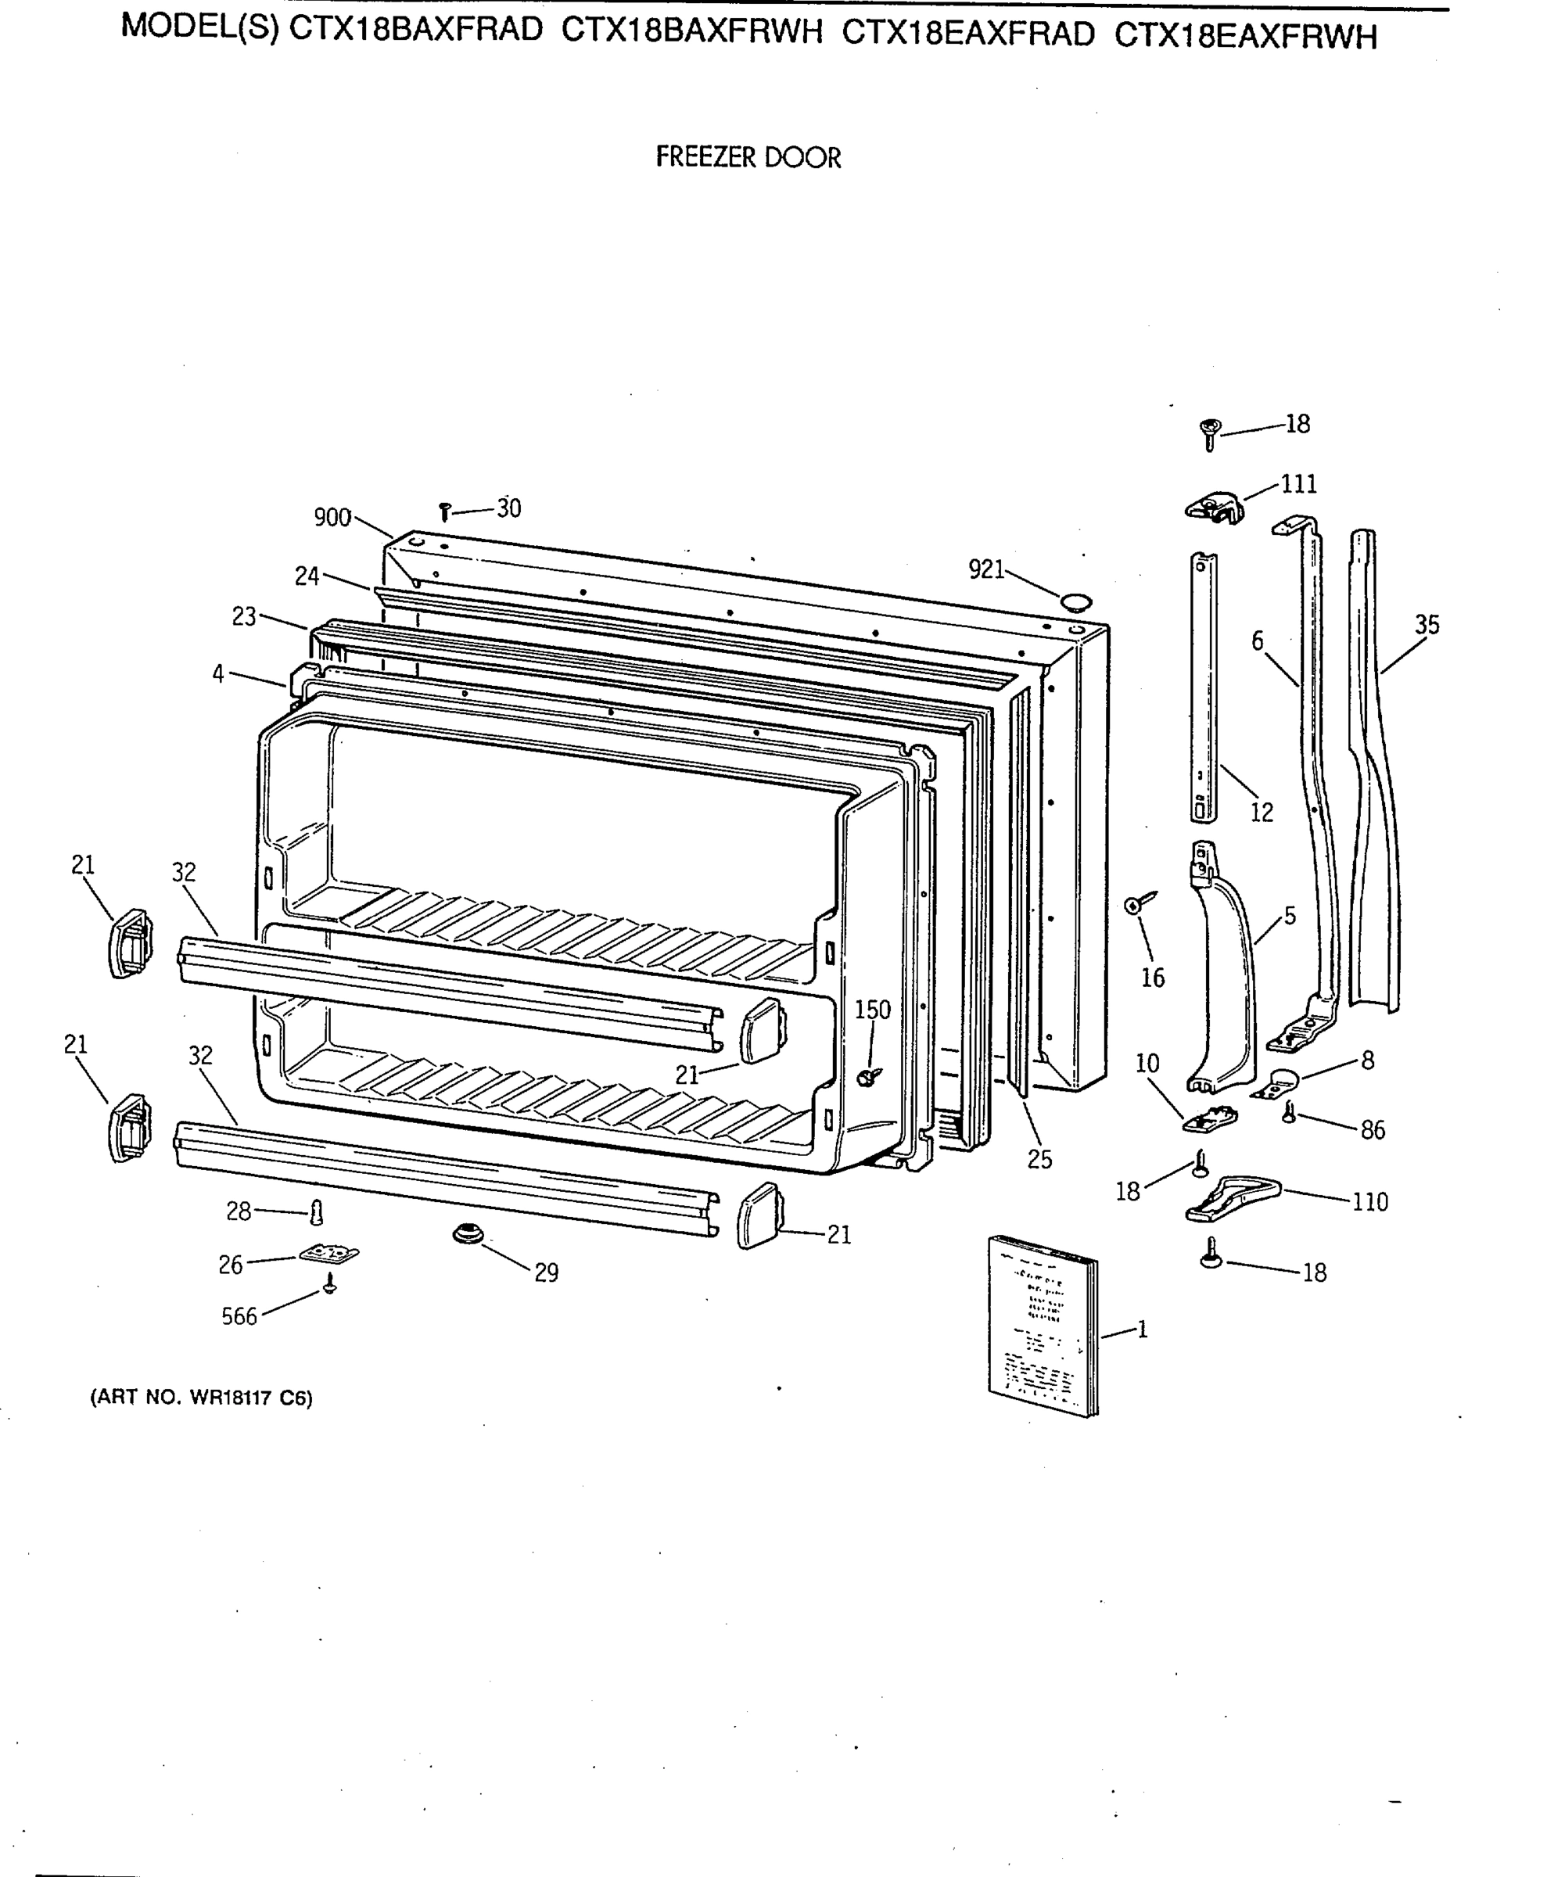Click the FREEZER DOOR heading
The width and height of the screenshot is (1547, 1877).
click(x=748, y=158)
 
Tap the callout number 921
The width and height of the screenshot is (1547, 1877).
click(x=986, y=569)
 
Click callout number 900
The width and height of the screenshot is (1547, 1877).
click(x=332, y=518)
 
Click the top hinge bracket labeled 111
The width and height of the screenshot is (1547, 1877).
click(x=1214, y=509)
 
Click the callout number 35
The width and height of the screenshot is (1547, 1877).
click(x=1427, y=626)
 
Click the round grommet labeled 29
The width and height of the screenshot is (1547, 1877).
click(x=468, y=1234)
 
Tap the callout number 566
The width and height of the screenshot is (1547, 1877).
click(x=239, y=1316)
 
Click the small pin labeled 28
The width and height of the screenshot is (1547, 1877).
click(x=315, y=1212)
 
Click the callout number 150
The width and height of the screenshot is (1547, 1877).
click(x=872, y=1010)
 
